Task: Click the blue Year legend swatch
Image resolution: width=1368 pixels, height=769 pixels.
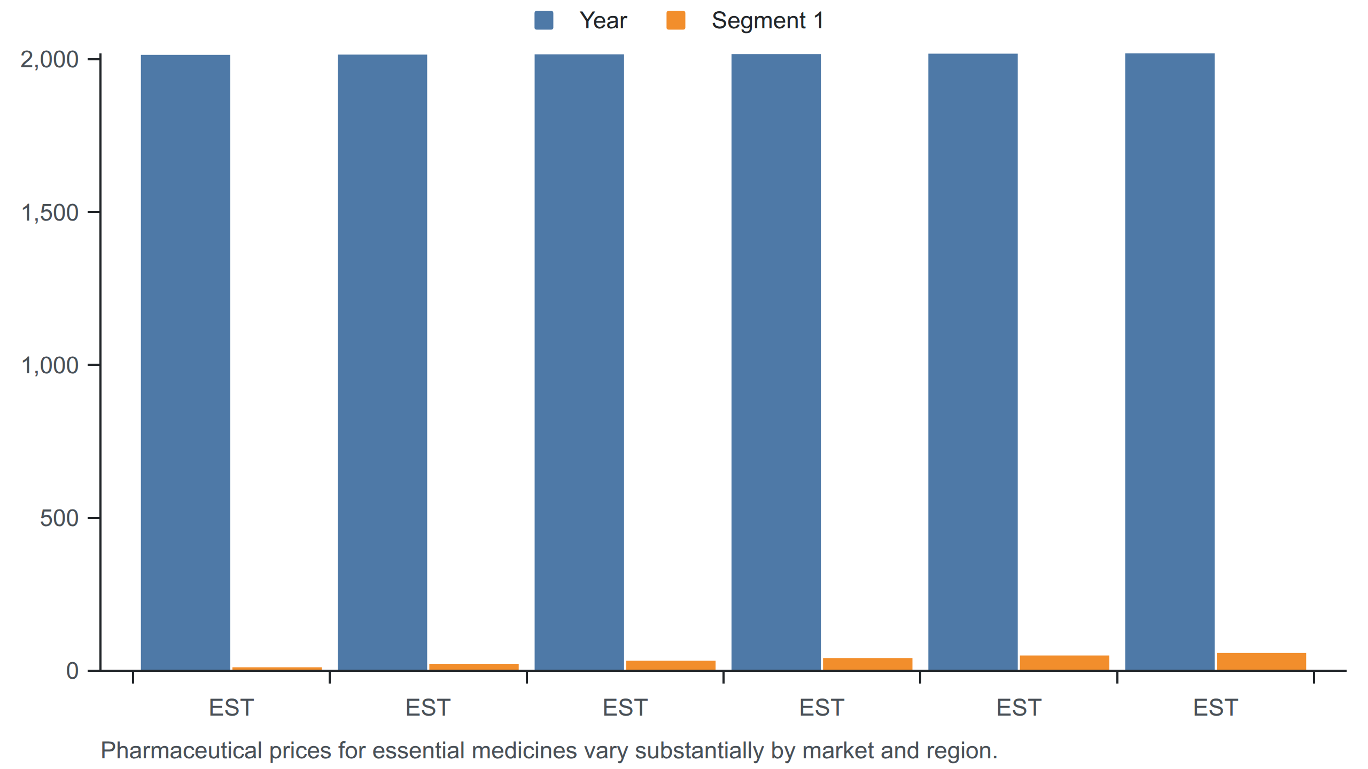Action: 543,20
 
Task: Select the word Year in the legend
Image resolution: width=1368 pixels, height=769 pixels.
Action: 603,21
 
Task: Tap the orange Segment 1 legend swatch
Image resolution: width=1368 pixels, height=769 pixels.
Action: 676,20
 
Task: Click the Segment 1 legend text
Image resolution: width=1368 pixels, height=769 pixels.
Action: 768,21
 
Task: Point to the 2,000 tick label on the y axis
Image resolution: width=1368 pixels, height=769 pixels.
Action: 50,60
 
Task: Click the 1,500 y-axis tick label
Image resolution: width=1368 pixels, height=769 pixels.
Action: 50,213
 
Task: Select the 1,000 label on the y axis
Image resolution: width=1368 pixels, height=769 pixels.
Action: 50,366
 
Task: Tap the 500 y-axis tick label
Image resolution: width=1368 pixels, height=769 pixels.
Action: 59,519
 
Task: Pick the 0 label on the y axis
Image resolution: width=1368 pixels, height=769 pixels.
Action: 73,671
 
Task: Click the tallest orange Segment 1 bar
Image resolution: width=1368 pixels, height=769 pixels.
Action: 1261,662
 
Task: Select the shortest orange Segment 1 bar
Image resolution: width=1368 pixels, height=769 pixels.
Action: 277,669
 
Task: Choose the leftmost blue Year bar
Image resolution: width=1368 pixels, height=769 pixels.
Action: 185,363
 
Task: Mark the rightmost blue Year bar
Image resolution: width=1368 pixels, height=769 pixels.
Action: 1170,362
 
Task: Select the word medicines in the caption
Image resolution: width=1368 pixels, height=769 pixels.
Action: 524,751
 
